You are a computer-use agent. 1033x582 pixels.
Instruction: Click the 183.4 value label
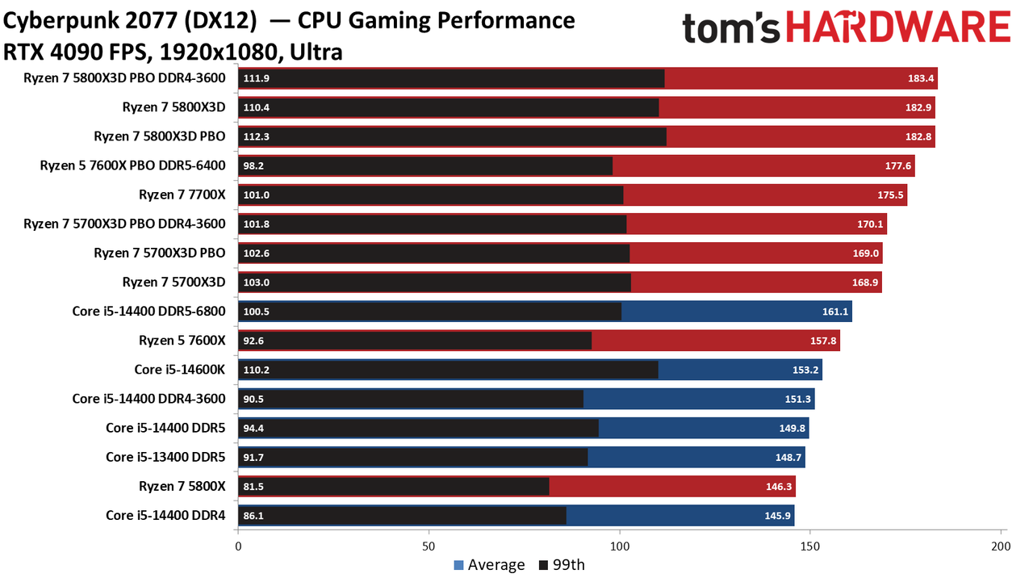(921, 78)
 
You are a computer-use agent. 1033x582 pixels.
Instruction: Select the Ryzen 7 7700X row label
(182, 195)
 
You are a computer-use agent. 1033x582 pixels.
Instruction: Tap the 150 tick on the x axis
(810, 546)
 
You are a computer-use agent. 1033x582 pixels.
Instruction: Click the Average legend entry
(489, 565)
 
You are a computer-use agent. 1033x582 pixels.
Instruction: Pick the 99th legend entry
(562, 565)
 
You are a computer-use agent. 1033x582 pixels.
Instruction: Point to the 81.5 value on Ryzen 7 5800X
(253, 487)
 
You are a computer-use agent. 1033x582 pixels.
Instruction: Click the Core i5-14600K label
(180, 370)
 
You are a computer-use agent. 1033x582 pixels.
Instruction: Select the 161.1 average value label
(835, 312)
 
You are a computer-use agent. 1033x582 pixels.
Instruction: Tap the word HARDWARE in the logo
(898, 27)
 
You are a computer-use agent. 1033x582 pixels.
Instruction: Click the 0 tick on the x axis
(238, 546)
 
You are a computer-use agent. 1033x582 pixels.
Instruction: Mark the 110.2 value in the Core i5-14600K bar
(256, 370)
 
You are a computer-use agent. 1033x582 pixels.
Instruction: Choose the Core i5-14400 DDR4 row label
(165, 516)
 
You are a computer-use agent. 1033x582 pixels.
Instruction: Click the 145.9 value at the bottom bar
(777, 516)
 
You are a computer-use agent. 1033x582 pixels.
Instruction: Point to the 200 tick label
(1001, 546)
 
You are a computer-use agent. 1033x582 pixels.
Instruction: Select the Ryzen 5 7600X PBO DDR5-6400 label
(133, 165)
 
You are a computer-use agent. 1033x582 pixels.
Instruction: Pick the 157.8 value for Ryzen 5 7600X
(823, 341)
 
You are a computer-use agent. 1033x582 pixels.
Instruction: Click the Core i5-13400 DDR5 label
(165, 457)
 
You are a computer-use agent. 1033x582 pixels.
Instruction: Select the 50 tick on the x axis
(429, 546)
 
